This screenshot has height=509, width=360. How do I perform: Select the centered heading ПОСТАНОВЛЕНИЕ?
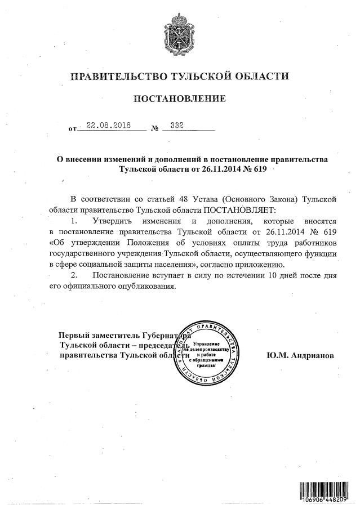click(180, 100)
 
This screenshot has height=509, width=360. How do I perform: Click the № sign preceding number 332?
click(154, 129)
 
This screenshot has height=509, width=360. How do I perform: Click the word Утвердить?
click(112, 220)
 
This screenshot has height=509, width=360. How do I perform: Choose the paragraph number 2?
click(73, 275)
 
